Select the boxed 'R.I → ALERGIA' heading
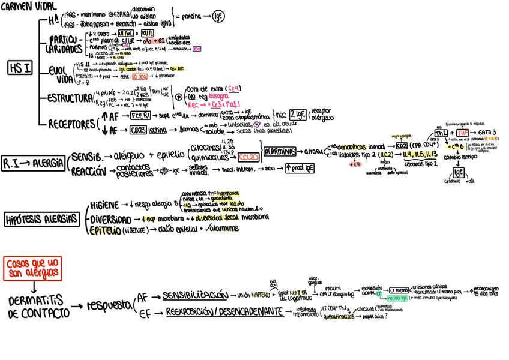(x=34, y=163)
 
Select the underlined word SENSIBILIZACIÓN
(x=195, y=295)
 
